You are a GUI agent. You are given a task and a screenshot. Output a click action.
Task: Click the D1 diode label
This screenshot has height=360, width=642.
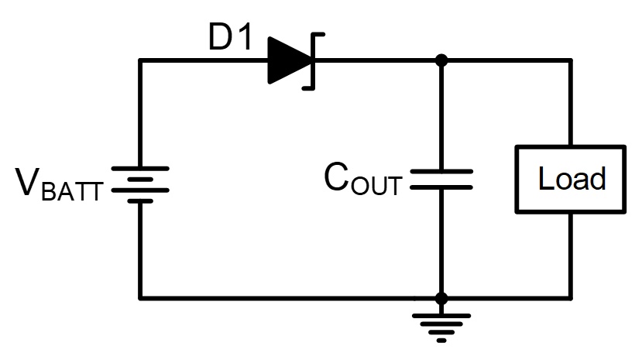coord(230,37)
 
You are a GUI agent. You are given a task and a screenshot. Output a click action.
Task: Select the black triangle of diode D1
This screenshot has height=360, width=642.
coord(289,60)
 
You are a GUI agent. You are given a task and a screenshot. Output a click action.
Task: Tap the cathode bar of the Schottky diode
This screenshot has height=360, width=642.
coord(314,61)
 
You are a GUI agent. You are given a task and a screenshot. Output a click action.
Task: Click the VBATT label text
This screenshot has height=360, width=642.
coord(59,184)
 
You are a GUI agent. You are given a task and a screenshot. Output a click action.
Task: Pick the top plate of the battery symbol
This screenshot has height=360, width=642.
coord(140,169)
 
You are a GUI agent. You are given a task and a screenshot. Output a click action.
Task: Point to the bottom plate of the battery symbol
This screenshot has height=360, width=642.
coord(140,201)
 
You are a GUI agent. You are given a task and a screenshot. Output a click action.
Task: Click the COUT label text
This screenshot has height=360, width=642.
coord(362,178)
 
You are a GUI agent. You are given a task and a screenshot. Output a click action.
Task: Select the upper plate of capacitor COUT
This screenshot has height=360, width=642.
coord(441,172)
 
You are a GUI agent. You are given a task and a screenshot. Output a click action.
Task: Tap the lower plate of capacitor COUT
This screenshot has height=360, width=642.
coord(441,187)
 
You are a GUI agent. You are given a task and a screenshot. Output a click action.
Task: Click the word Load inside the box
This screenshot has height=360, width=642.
coord(572,179)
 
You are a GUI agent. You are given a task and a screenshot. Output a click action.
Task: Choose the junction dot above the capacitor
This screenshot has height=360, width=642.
coord(441,60)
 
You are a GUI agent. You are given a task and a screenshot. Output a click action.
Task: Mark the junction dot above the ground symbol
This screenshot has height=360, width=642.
coord(441,299)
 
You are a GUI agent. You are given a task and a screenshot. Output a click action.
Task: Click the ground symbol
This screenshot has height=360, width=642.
coord(441,327)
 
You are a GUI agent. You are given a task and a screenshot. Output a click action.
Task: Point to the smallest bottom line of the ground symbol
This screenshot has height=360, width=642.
coord(441,341)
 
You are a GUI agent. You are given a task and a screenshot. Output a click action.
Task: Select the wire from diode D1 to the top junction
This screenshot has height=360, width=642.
coord(376,60)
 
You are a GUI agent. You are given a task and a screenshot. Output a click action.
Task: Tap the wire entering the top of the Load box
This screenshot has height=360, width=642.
coord(570,103)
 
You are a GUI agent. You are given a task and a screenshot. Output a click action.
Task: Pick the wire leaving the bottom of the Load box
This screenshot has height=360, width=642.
coord(570,256)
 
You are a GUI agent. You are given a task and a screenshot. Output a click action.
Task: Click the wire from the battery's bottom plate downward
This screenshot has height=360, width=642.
coord(140,250)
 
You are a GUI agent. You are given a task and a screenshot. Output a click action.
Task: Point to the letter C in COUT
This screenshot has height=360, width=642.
coord(336,177)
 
